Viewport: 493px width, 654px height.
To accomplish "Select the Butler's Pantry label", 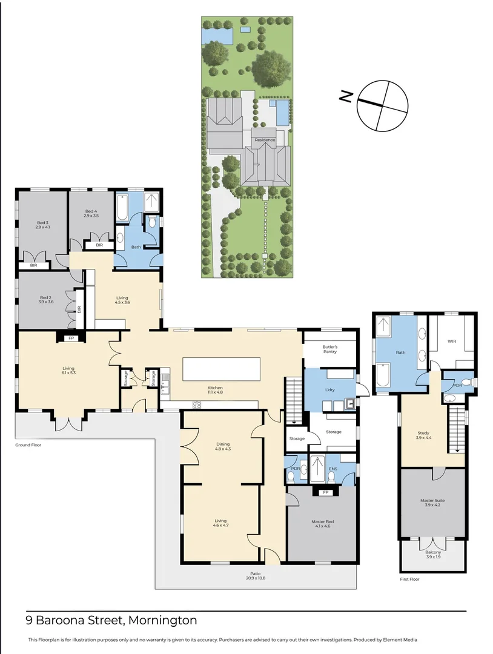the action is pos(330,349).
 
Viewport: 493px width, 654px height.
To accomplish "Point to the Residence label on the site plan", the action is pos(265,140).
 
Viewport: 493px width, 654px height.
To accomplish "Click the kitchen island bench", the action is pos(221,369).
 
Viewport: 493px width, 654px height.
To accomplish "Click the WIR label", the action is pos(452,341).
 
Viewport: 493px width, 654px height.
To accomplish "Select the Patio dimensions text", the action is pos(255,578).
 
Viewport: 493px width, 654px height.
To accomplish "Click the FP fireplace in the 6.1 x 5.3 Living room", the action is pos(71,338).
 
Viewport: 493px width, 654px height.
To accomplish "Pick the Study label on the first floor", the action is pos(423,433).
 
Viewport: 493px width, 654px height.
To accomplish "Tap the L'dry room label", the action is pos(329,390).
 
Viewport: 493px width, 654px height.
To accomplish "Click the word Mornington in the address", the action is pos(163,620).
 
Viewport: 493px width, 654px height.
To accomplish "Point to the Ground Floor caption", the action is pos(28,445).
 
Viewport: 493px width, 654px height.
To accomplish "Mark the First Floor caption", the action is pos(409,579).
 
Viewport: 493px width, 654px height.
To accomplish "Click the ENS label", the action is pos(333,469).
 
